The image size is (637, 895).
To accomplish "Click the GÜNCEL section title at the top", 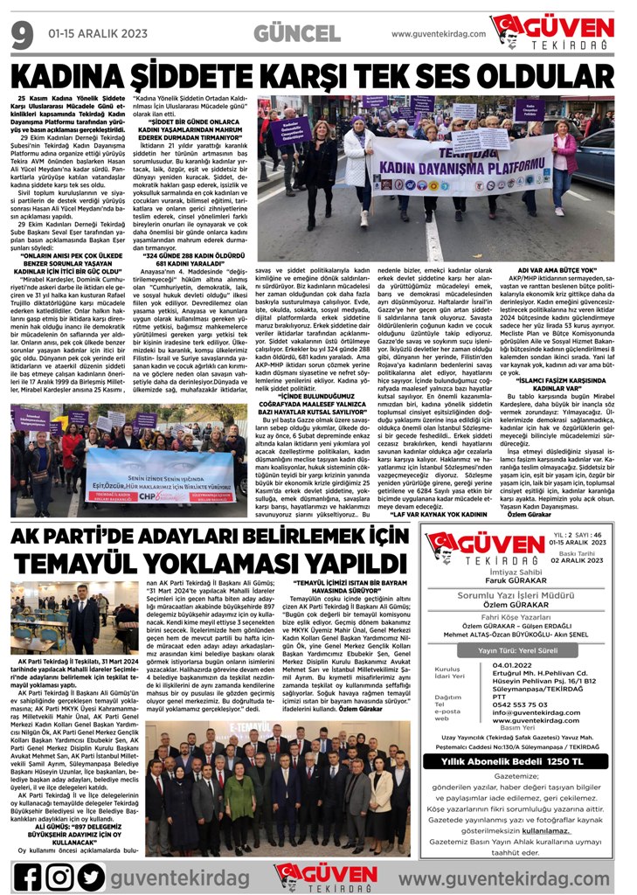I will point(298,34).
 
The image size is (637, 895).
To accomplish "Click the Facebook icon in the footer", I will point(27,876).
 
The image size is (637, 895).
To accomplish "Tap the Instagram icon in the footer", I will point(59,876).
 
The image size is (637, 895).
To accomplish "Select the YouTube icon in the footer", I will point(92,876).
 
